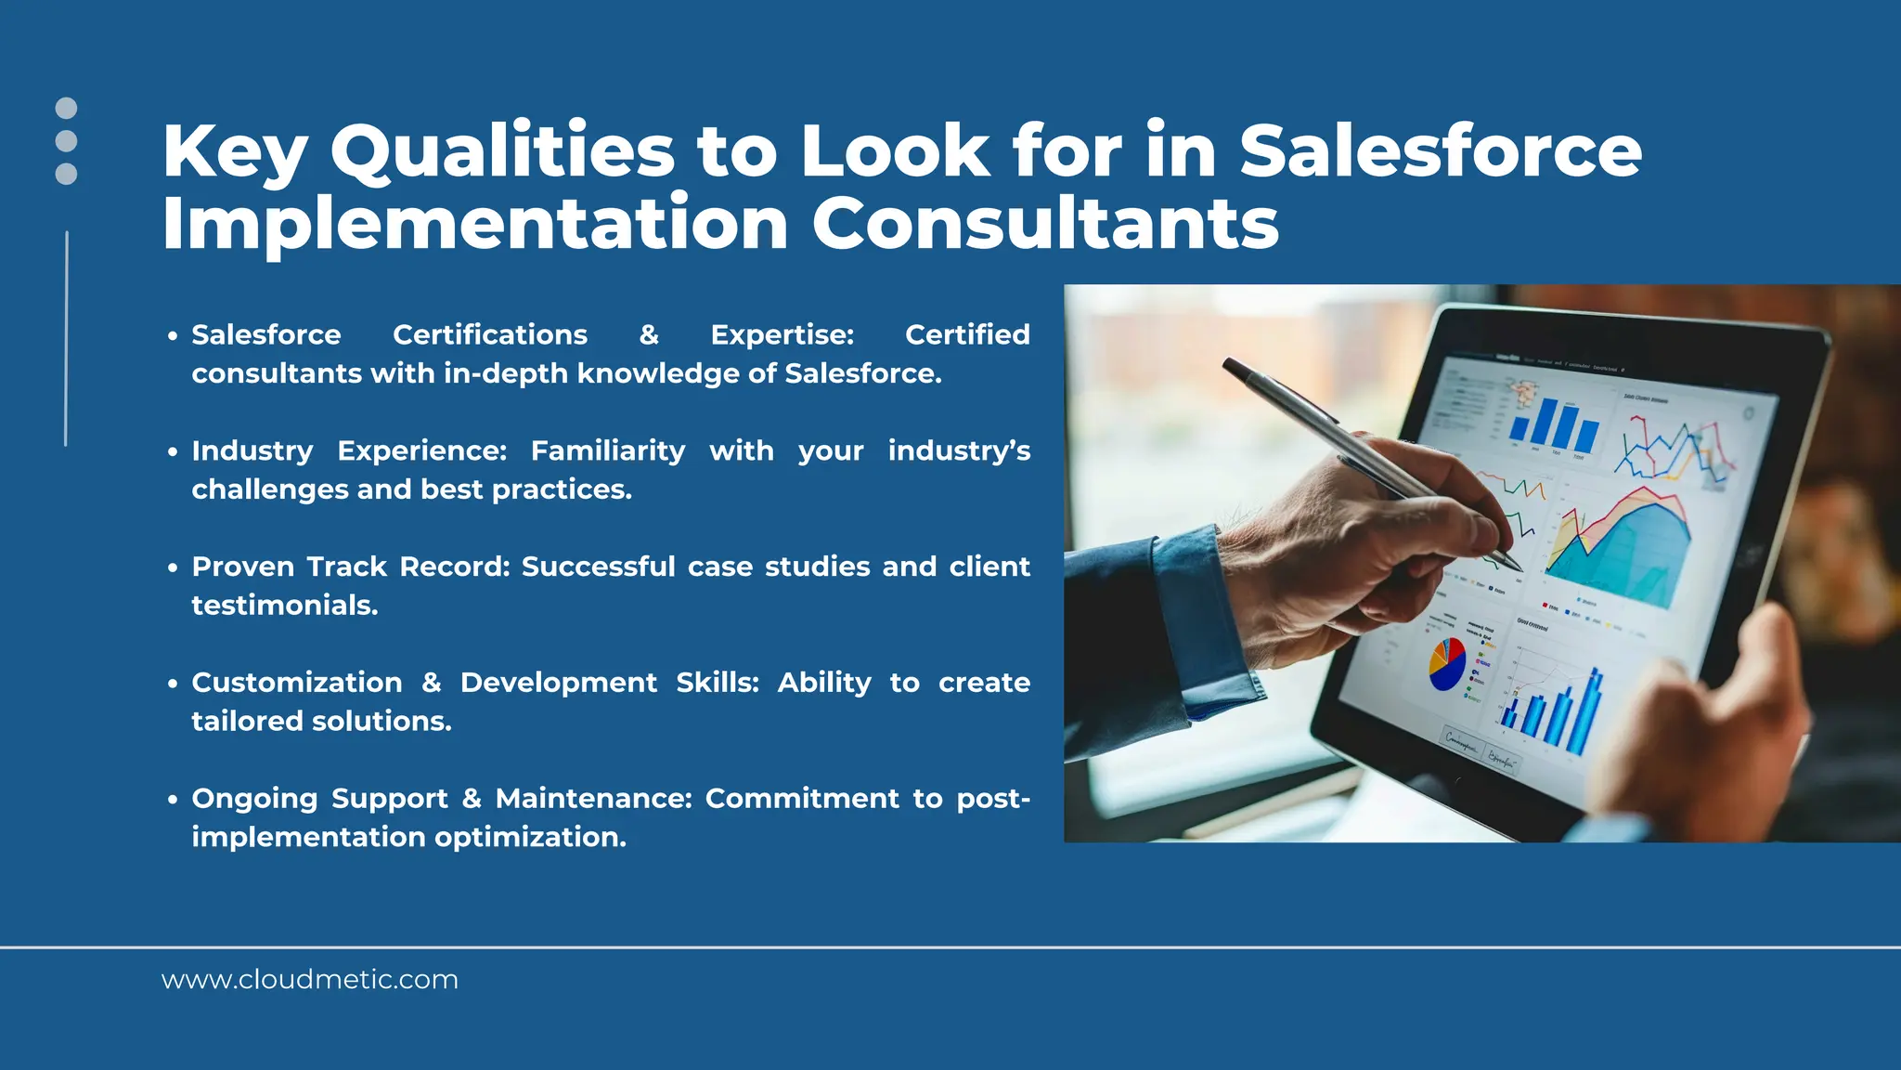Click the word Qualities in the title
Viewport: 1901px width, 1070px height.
[x=502, y=151]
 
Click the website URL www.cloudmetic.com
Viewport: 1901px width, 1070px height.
[x=309, y=980]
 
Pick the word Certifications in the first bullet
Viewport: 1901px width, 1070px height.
[x=490, y=334]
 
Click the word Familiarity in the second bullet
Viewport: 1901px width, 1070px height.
[x=608, y=450]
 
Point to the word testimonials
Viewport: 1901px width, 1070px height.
[x=285, y=606]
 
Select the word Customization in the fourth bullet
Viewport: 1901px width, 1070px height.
[x=297, y=683]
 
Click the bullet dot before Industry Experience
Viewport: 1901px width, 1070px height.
[x=173, y=452]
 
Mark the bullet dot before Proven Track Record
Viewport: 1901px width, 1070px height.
[x=173, y=568]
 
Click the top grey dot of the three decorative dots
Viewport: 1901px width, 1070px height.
[x=66, y=108]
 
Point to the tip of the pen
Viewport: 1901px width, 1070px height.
[x=1519, y=568]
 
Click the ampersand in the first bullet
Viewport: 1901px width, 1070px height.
[x=649, y=334]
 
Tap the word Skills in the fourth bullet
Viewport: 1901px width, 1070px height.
[x=717, y=683]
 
